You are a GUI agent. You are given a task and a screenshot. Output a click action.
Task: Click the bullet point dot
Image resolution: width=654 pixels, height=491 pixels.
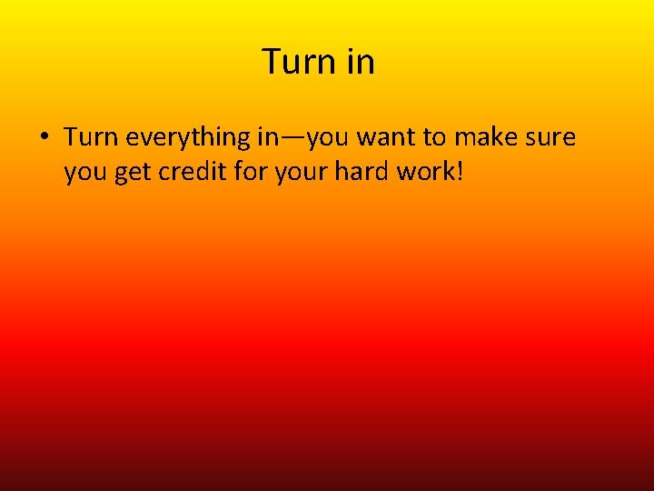tap(44, 138)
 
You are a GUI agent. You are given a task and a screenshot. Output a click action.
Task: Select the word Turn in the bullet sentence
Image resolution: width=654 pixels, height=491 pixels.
tap(92, 137)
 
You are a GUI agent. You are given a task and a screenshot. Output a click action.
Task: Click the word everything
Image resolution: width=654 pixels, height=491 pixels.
tap(189, 138)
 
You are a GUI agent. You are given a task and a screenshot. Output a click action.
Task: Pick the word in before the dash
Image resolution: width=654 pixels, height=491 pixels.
tap(269, 137)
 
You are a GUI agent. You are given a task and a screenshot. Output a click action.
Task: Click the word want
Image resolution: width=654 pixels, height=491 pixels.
tap(388, 138)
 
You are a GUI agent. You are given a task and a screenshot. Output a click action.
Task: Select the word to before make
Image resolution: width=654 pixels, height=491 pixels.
tap(435, 138)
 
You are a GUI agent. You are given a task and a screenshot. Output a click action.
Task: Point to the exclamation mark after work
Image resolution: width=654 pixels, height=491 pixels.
tap(460, 172)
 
